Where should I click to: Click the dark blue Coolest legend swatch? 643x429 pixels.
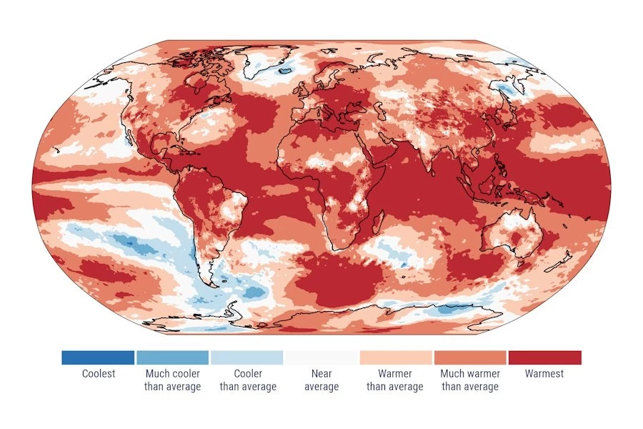98,357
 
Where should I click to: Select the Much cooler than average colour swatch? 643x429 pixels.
172,357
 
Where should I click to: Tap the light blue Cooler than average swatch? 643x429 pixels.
246,357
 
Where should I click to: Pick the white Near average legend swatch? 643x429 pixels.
321,357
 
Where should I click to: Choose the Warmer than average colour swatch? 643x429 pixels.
395,357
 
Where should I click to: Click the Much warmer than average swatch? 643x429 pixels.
470,357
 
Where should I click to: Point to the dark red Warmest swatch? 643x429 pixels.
544,357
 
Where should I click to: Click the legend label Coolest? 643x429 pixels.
98,373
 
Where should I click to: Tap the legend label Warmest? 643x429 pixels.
544,373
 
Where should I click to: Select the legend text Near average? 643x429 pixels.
321,380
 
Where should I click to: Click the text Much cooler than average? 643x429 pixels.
172,380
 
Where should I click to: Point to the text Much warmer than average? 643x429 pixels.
470,380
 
